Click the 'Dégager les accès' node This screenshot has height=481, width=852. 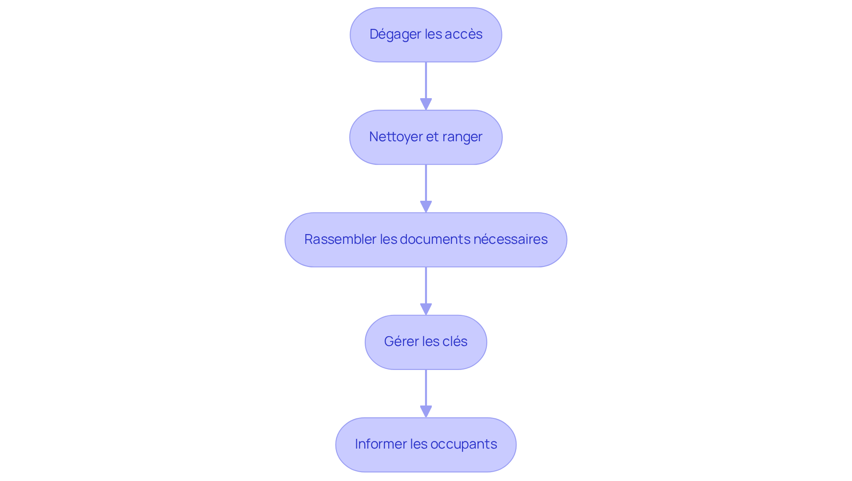(x=426, y=35)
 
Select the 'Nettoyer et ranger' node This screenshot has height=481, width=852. (x=426, y=137)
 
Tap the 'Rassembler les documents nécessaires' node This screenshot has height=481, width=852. (x=426, y=240)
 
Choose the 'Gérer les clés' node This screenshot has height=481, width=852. (x=426, y=342)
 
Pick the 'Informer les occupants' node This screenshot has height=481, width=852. (x=426, y=445)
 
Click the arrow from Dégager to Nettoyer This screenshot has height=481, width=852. (x=426, y=86)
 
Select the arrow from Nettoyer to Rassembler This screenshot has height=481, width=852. (x=426, y=188)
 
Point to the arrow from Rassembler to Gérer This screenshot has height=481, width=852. (x=426, y=291)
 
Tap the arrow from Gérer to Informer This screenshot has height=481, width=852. (x=426, y=393)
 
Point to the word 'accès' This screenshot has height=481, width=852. (x=467, y=34)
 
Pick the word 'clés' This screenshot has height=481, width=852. (x=455, y=342)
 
